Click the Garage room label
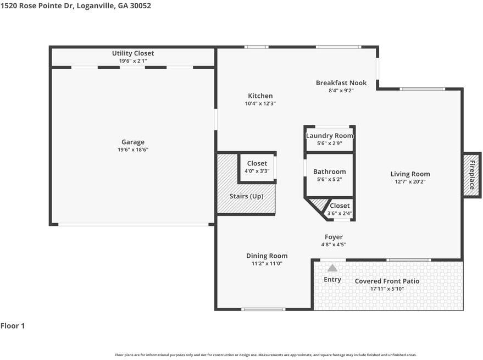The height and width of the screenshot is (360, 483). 133,142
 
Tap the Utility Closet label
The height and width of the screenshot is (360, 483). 133,53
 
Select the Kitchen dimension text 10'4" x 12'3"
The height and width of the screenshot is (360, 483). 260,103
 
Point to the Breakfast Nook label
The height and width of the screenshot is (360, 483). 341,83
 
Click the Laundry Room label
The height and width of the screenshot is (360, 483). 329,136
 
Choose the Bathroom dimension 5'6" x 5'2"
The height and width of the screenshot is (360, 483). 330,179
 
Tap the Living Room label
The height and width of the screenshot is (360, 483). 410,174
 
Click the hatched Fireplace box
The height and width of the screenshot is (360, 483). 472,175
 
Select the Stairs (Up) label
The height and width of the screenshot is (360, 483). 246,196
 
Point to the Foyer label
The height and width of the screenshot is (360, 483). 334,237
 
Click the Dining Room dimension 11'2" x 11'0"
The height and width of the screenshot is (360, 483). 267,263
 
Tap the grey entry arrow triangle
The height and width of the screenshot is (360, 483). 332,268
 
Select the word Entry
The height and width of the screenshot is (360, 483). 332,280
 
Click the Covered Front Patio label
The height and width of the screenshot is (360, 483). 387,281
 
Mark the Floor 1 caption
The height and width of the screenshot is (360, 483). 13,326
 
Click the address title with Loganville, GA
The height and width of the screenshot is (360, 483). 76,6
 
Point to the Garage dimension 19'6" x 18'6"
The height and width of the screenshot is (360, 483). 133,150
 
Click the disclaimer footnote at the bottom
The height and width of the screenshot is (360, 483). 266,355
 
